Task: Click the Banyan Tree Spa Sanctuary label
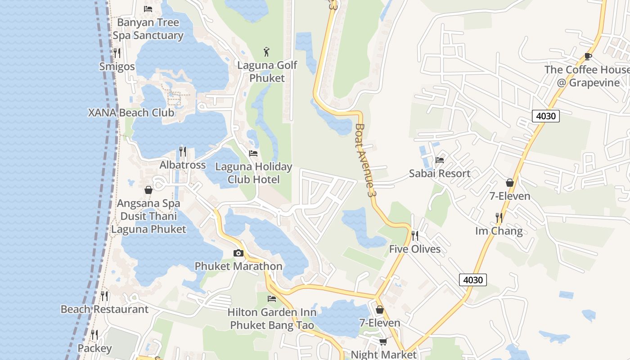[148, 29]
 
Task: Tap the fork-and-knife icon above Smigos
[117, 53]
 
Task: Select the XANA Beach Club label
[131, 112]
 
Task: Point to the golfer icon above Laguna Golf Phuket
[267, 52]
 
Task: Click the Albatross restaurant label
[183, 165]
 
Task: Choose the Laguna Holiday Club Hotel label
[254, 173]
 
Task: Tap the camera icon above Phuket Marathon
[238, 253]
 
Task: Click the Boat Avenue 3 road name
[365, 160]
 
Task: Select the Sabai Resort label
[440, 173]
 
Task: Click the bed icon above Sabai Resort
[440, 160]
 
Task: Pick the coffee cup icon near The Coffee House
[588, 56]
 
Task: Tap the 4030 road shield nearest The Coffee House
[546, 116]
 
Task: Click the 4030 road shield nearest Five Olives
[473, 280]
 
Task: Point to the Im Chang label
[499, 231]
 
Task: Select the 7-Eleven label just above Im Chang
[510, 196]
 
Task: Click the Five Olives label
[415, 249]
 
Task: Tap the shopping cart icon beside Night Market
[383, 342]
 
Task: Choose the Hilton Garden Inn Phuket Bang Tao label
[272, 318]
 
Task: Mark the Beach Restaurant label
[104, 309]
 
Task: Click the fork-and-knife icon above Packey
[94, 335]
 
